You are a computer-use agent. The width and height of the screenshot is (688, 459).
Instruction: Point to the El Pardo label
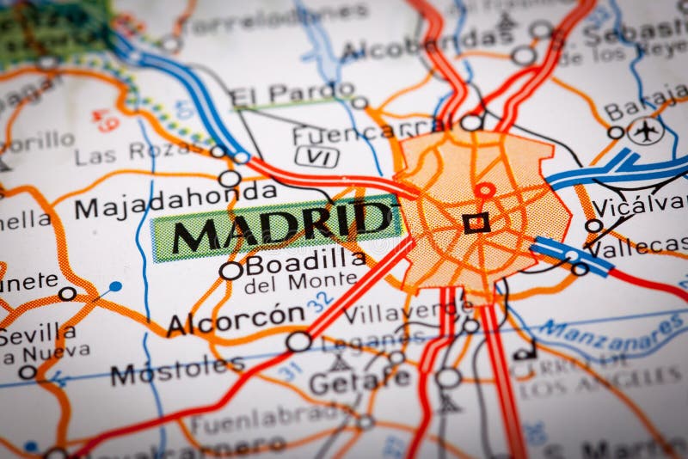[x=279, y=93]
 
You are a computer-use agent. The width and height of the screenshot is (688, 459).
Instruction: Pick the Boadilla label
[x=304, y=259]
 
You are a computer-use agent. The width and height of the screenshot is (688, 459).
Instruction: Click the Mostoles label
[x=176, y=370]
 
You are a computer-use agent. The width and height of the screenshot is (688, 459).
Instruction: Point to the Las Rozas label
[x=138, y=154]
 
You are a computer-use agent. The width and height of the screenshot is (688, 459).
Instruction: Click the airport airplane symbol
[x=645, y=131]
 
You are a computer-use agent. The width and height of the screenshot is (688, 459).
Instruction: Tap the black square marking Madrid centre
[x=476, y=223]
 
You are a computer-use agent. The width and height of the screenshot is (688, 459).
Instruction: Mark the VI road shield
[x=316, y=156]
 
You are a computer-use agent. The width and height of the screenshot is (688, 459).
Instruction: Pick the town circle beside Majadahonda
[x=230, y=179]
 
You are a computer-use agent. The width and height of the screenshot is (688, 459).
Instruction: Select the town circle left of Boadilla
[x=230, y=271]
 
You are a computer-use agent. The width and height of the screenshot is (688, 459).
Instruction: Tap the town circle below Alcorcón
[x=298, y=341]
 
